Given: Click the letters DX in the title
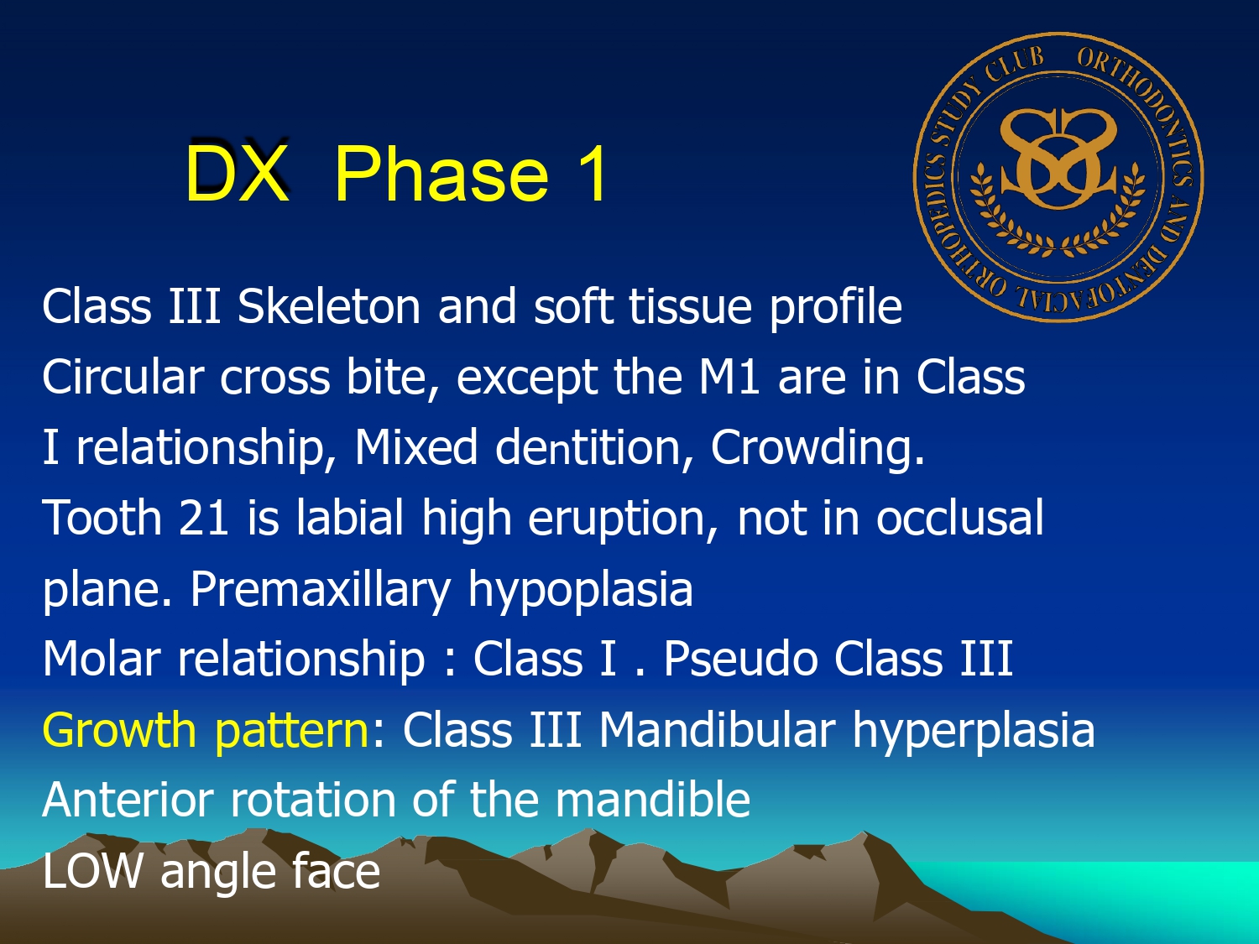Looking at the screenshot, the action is [237, 173].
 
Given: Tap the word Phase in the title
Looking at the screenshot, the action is [441, 173].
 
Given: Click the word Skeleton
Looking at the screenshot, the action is [329, 306].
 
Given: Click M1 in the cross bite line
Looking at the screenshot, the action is [729, 378].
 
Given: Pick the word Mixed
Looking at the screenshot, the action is [416, 446].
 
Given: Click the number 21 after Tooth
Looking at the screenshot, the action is [204, 518].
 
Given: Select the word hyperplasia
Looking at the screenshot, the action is [974, 731].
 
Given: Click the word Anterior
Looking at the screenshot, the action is [128, 800].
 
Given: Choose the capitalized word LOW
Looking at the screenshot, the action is [91, 871].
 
